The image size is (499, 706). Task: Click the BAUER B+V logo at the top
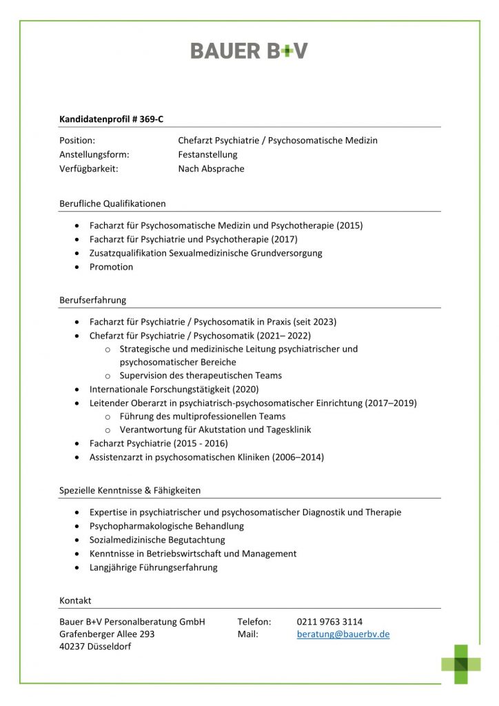(x=249, y=50)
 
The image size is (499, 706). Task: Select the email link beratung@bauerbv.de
(x=343, y=634)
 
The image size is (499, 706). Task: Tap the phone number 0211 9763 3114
(x=329, y=621)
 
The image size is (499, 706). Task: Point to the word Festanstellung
(x=207, y=154)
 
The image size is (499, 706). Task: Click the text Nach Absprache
(x=211, y=168)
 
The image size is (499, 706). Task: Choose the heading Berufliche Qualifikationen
(x=112, y=203)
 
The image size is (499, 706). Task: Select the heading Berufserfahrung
(x=92, y=300)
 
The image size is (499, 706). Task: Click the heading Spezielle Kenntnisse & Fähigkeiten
(x=130, y=490)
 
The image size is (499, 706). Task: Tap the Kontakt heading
(x=75, y=601)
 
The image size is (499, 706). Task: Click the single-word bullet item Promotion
(x=111, y=267)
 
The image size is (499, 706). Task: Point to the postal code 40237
(x=72, y=647)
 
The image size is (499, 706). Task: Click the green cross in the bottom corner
(x=461, y=664)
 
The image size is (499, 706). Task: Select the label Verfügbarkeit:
(x=89, y=168)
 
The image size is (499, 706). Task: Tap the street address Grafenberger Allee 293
(x=107, y=634)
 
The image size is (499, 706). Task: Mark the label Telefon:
(x=254, y=621)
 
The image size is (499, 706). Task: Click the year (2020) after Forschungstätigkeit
(x=245, y=390)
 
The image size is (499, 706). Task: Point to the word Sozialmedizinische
(x=122, y=540)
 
